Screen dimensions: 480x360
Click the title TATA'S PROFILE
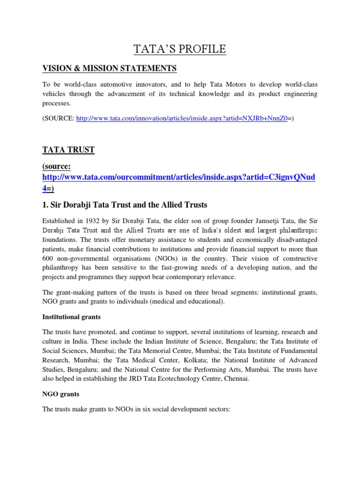tap(180, 49)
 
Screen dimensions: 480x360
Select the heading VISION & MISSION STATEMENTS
tap(109, 68)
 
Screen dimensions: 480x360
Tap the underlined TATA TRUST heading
tap(68, 150)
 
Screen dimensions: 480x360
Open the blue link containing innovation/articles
tap(181, 119)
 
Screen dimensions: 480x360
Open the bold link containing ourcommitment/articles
tap(179, 178)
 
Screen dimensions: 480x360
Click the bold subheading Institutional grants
tap(71, 317)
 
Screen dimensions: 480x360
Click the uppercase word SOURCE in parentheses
tap(59, 119)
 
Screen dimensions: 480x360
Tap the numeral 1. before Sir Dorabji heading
tap(45, 205)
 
